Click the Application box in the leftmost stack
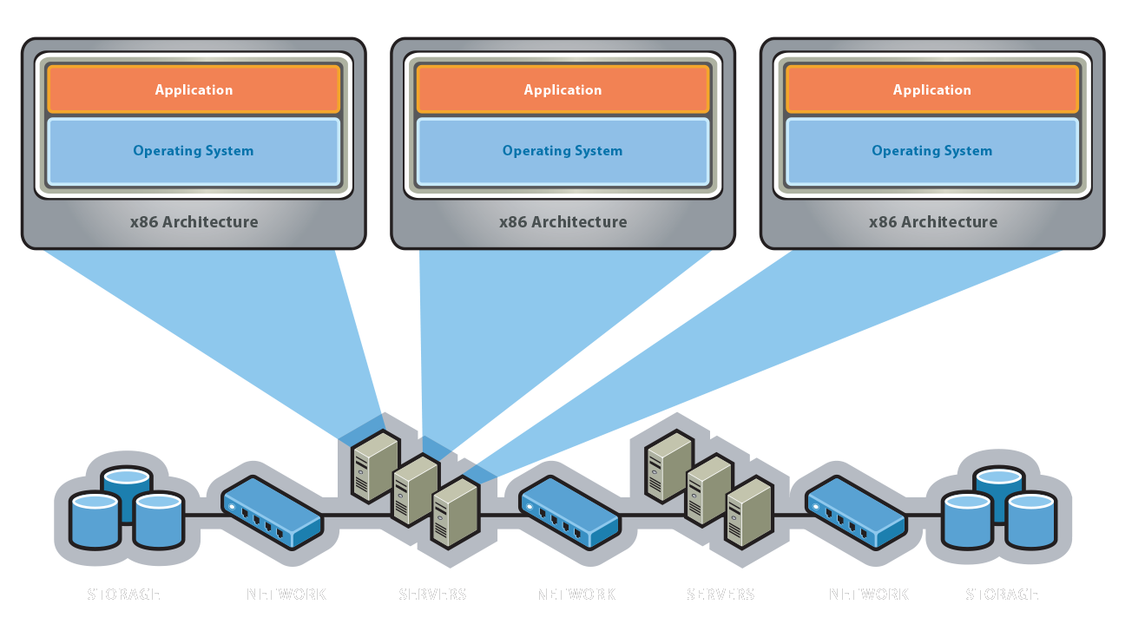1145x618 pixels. [x=194, y=89]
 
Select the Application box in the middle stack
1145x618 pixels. [x=563, y=89]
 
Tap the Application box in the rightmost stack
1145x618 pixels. [x=931, y=89]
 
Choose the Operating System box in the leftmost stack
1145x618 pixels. [x=194, y=151]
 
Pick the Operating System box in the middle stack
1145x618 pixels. [x=563, y=151]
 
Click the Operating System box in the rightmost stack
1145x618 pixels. [x=931, y=151]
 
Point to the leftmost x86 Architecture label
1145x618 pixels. [x=194, y=221]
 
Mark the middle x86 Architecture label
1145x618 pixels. [x=563, y=221]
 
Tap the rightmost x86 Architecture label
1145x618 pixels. [x=932, y=221]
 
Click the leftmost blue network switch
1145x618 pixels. [x=272, y=511]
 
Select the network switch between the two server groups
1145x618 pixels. [x=569, y=513]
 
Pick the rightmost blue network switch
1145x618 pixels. [x=856, y=513]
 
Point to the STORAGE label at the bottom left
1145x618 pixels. [x=124, y=595]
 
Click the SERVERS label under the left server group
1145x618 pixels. [x=432, y=595]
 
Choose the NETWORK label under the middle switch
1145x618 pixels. [x=576, y=595]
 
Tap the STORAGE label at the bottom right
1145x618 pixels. [x=1002, y=595]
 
